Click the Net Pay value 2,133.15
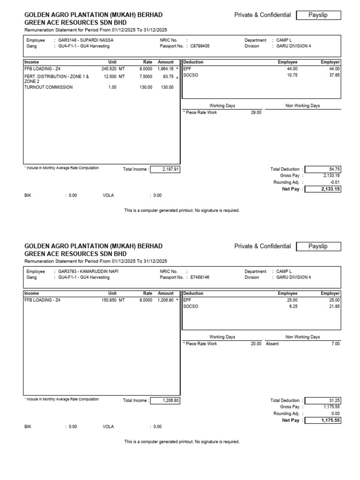tap(330, 189)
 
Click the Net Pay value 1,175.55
tap(330, 420)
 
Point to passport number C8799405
tap(199, 46)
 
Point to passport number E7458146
tap(199, 277)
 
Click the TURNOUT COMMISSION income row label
tap(48, 87)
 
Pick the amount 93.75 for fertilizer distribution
tap(167, 76)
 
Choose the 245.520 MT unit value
tap(112, 68)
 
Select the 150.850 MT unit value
tap(112, 300)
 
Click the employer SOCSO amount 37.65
tap(333, 75)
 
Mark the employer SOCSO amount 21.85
tap(333, 306)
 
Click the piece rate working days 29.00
tap(256, 112)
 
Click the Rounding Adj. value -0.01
tap(334, 182)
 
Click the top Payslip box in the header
tap(318, 15)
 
